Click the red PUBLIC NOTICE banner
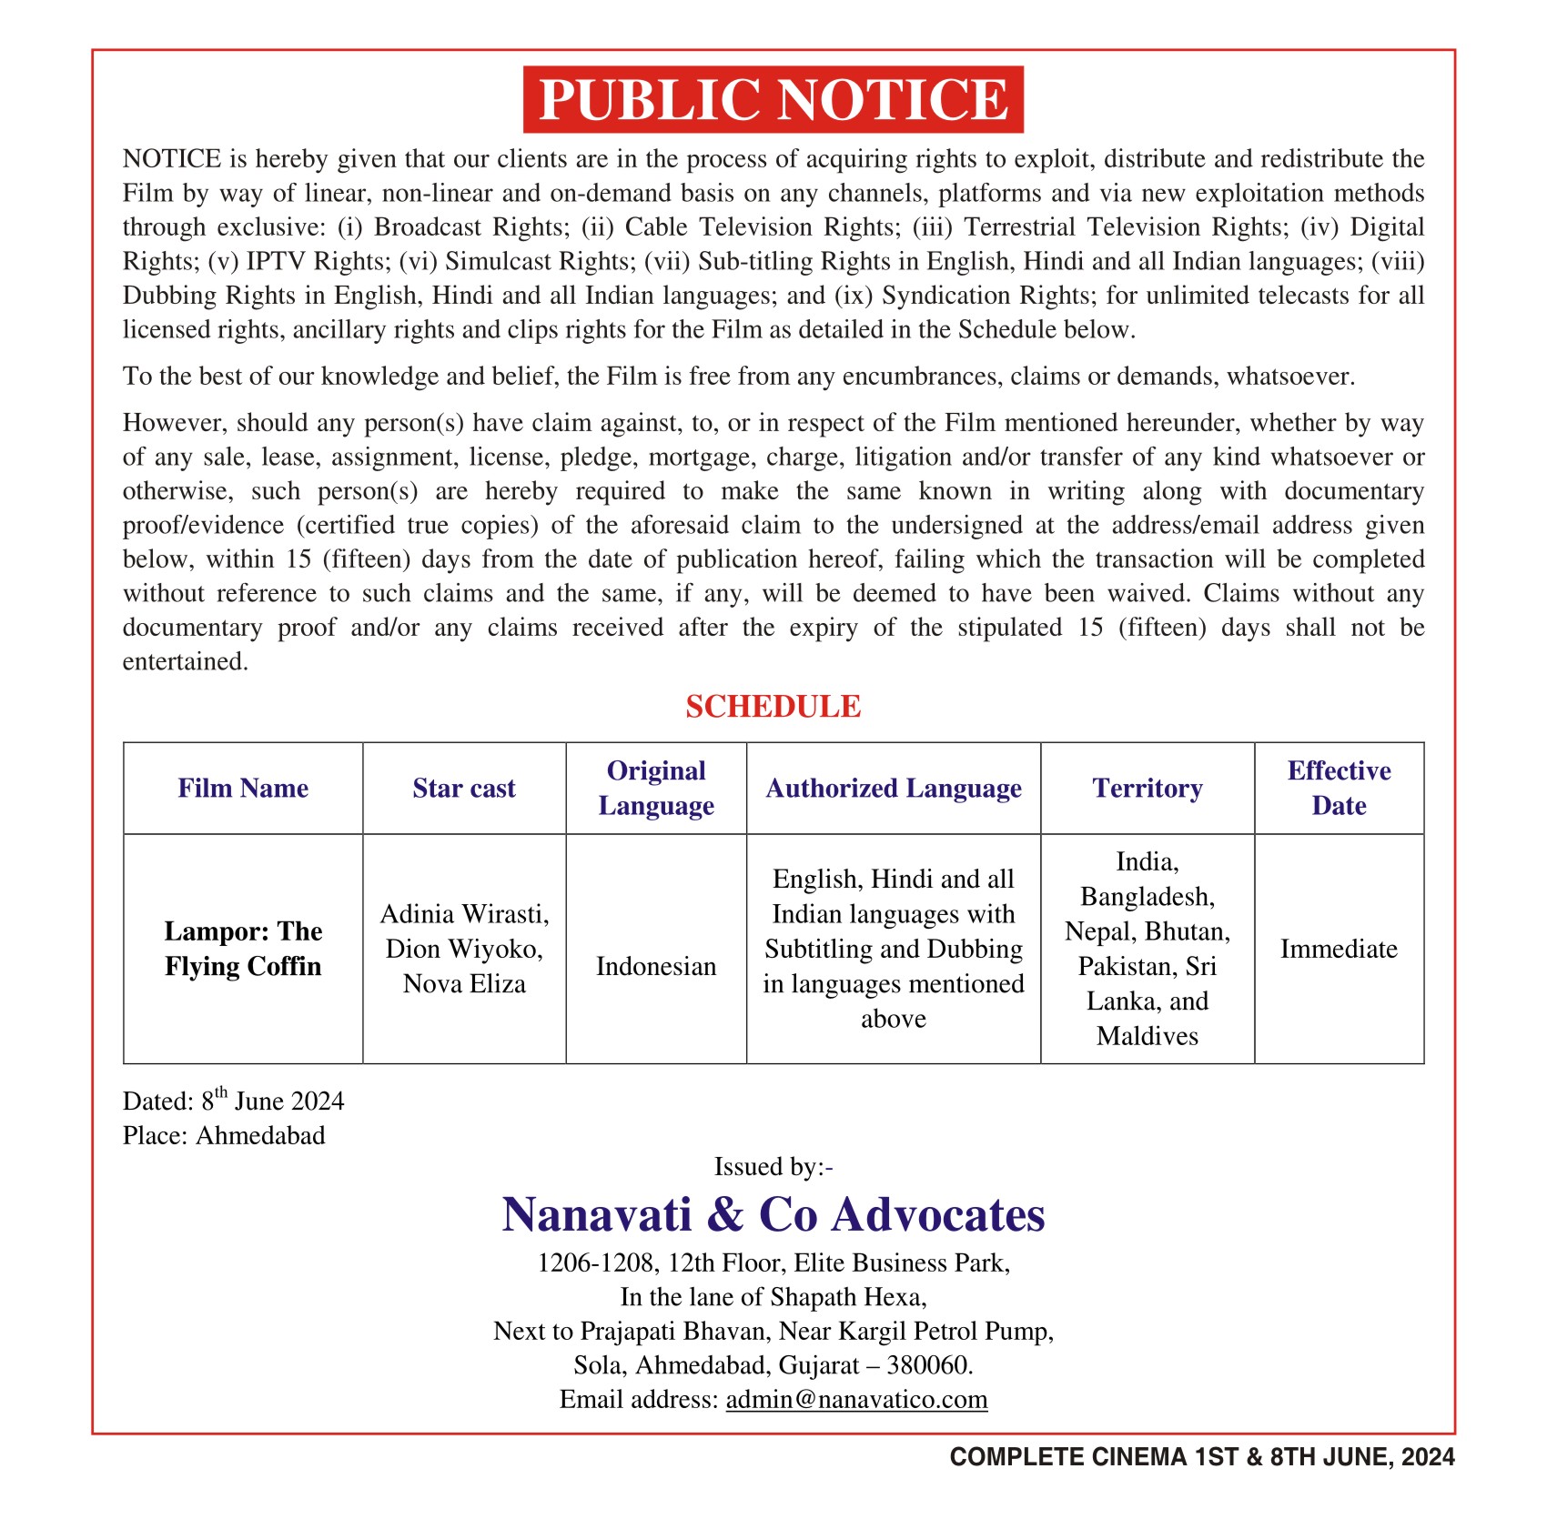773,99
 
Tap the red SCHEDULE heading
773,707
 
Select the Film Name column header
243,788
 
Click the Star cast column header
464,788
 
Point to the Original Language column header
656,788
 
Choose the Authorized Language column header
894,788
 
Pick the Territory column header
1148,788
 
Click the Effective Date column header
1339,788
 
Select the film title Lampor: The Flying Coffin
243,949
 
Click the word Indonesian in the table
656,966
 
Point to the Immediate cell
1339,949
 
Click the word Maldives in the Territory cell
1148,1036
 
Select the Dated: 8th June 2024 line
234,1101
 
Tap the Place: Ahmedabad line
224,1135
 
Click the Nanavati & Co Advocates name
773,1214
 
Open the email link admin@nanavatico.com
856,1399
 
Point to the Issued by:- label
773,1167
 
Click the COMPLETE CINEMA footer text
1201,1457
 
